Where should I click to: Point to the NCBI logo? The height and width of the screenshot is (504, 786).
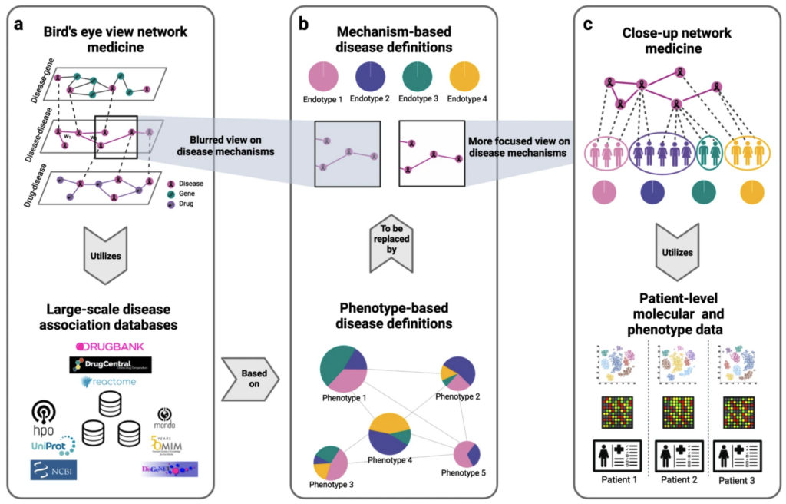54,469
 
